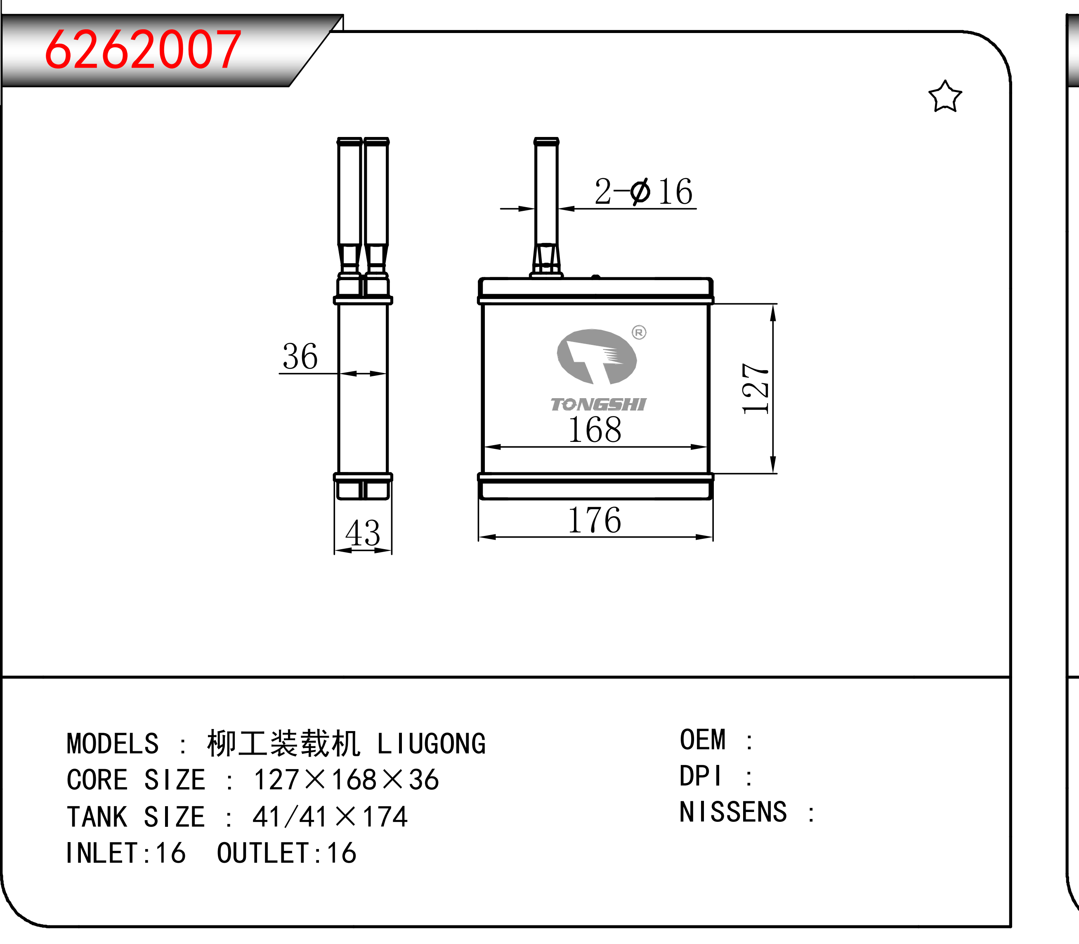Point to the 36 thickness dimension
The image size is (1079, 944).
(300, 356)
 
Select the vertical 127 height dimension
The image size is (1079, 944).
(756, 388)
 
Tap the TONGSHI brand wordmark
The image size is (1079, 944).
(598, 404)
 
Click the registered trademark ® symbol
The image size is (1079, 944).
(639, 333)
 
